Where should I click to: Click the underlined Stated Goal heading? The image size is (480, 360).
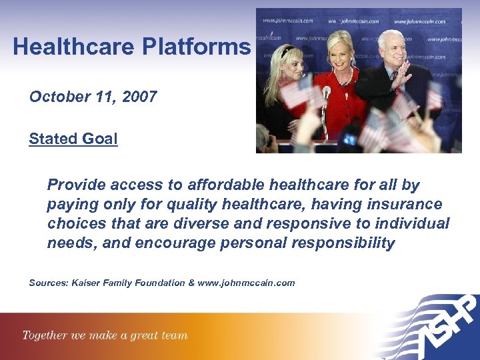(x=73, y=139)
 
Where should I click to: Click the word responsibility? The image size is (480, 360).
(x=343, y=243)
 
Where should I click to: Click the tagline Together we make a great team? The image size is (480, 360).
(x=105, y=335)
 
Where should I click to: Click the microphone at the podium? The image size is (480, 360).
(x=327, y=93)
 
